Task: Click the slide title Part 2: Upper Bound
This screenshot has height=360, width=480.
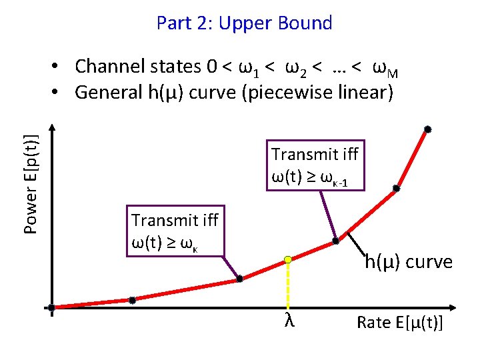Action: click(x=244, y=23)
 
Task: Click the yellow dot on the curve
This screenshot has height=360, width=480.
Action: click(x=288, y=259)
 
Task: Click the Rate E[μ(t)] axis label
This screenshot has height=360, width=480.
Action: click(x=399, y=323)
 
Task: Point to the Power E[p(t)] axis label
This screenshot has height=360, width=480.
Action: click(x=30, y=183)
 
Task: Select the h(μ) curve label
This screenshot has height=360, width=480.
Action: click(x=408, y=262)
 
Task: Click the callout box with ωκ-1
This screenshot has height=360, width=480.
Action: click(x=315, y=165)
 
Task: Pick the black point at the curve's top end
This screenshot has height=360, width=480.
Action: click(x=428, y=129)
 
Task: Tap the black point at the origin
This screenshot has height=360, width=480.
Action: click(x=52, y=308)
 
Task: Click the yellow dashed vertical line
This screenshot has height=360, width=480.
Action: click(x=288, y=287)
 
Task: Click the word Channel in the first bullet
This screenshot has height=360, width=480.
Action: click(x=107, y=67)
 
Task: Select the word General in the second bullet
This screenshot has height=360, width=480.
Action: click(x=105, y=92)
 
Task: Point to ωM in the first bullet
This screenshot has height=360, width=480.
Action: click(x=385, y=68)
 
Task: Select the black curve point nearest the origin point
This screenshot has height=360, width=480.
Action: click(x=132, y=301)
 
